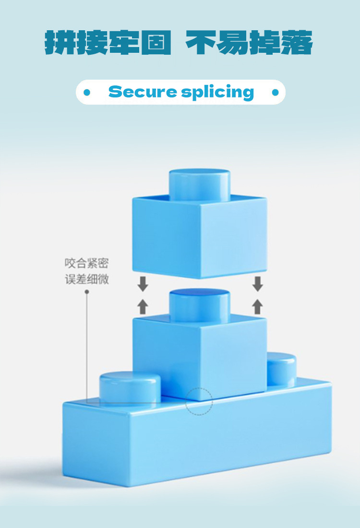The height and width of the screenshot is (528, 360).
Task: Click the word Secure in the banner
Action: click(x=142, y=91)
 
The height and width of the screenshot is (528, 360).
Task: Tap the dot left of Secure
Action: click(x=87, y=92)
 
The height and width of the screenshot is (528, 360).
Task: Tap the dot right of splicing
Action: click(x=275, y=92)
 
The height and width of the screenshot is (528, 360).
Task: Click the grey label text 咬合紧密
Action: click(x=87, y=263)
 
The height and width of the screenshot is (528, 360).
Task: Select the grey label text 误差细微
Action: click(x=87, y=279)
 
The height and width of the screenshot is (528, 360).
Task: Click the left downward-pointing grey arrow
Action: click(x=143, y=284)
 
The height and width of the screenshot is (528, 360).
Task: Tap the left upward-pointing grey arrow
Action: click(x=143, y=306)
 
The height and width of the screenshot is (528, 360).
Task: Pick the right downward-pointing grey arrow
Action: click(x=258, y=284)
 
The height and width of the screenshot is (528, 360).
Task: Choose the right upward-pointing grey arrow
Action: click(x=258, y=306)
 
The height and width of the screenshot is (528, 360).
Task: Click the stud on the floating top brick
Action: click(x=199, y=182)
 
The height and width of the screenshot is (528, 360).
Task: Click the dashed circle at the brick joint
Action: click(x=199, y=401)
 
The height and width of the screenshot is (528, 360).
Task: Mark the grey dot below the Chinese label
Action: click(x=87, y=291)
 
